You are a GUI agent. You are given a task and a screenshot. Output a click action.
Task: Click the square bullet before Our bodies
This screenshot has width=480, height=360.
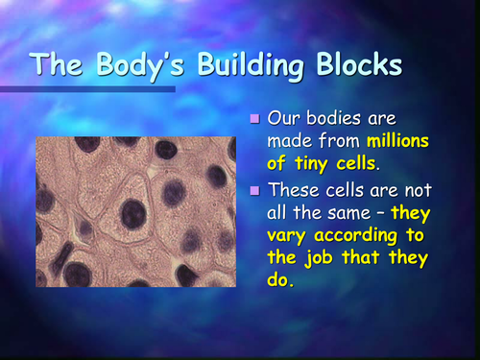click(254, 120)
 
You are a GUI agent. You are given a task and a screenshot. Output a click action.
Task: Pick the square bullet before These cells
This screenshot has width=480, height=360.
click(254, 191)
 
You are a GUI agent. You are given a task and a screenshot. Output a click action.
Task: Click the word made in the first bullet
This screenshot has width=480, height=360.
click(289, 141)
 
